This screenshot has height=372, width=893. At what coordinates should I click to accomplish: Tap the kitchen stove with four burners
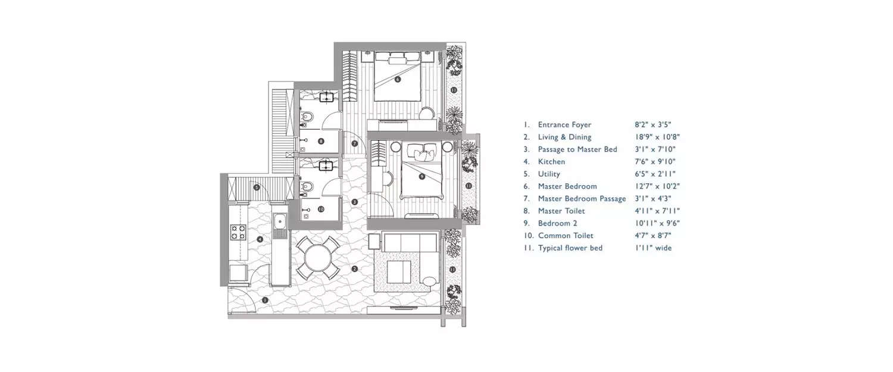pyautogui.click(x=238, y=232)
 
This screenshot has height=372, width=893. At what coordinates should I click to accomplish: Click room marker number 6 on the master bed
pyautogui.click(x=398, y=79)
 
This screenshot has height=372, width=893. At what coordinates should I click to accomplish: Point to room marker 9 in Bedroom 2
pyautogui.click(x=421, y=176)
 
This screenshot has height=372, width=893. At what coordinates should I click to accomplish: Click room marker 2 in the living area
pyautogui.click(x=354, y=269)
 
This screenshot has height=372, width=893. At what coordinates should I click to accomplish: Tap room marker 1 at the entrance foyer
pyautogui.click(x=265, y=300)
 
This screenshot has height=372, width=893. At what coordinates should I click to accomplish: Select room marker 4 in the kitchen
pyautogui.click(x=260, y=239)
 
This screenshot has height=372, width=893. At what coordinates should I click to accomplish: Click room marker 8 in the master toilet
pyautogui.click(x=321, y=141)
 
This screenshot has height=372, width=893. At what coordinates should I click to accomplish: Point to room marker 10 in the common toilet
pyautogui.click(x=320, y=208)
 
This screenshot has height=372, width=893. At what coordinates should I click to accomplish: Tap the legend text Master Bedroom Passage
pyautogui.click(x=582, y=199)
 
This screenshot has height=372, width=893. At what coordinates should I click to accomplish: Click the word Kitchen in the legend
pyautogui.click(x=551, y=162)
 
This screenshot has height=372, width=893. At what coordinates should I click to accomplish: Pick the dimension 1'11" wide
pyautogui.click(x=653, y=248)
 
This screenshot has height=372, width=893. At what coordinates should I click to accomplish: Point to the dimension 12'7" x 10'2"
pyautogui.click(x=657, y=186)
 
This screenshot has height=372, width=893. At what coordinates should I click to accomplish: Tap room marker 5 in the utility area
pyautogui.click(x=257, y=187)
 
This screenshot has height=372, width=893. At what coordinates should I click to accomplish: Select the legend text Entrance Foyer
pyautogui.click(x=564, y=125)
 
